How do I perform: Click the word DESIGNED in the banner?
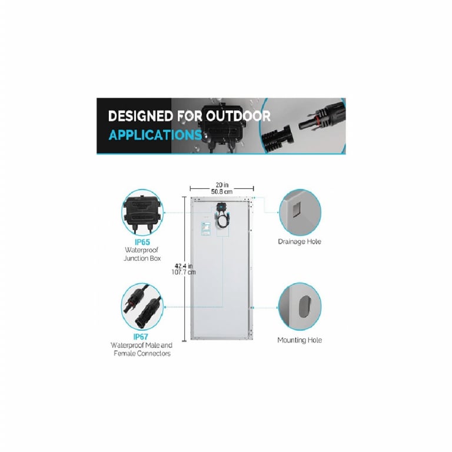click(141, 116)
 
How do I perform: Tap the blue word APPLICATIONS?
click(155, 135)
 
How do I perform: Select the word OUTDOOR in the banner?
click(238, 116)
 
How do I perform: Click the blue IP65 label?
click(142, 242)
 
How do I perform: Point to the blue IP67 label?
click(141, 337)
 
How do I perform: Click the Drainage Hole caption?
click(300, 241)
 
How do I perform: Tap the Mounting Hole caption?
click(300, 340)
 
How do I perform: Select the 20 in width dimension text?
click(222, 185)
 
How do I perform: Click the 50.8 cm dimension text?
click(222, 192)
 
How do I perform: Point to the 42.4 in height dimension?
click(184, 266)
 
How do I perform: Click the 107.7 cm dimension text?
click(184, 272)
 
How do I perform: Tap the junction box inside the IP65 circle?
click(142, 212)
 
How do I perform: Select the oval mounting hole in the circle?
click(304, 307)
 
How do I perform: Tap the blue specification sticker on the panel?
click(206, 228)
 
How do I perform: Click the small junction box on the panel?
click(221, 207)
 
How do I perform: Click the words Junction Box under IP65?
click(142, 258)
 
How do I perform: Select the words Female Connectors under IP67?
click(142, 353)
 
